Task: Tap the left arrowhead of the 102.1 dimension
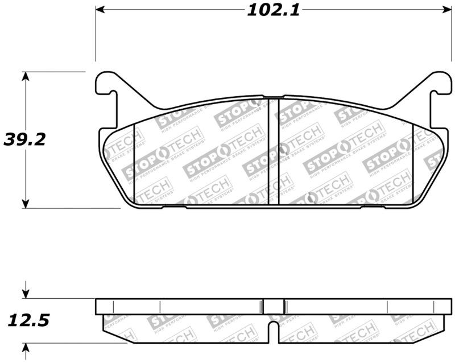(100, 10)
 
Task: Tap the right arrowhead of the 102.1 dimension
(441, 10)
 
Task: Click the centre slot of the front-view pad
(273, 151)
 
